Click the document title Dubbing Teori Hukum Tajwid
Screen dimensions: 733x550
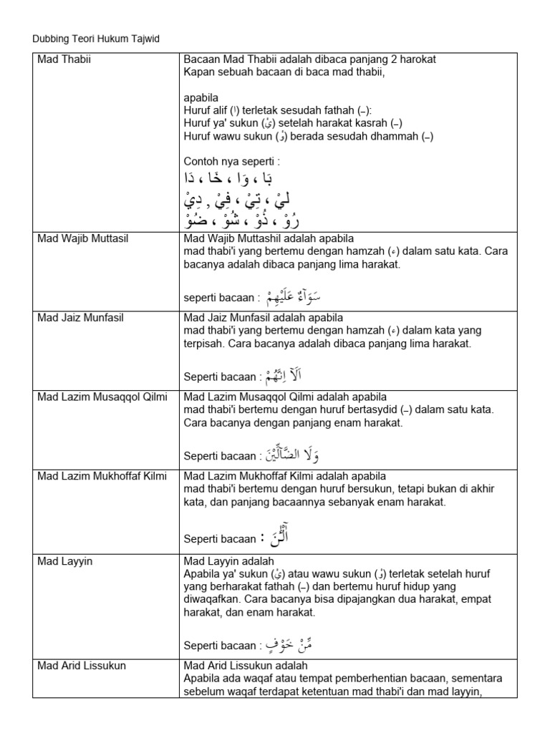coord(96,39)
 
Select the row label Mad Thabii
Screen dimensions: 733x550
coord(64,59)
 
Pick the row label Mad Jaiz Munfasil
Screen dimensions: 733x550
coord(81,317)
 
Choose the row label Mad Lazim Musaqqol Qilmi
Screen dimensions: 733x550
coord(102,397)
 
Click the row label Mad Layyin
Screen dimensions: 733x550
coord(61,561)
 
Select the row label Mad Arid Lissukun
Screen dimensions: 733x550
coord(82,666)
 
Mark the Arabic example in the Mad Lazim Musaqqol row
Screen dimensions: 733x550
coord(291,454)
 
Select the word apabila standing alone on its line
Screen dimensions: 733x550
coord(201,98)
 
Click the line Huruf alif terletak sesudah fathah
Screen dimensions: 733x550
coord(278,111)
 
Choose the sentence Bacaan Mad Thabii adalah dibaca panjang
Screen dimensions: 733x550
coord(310,59)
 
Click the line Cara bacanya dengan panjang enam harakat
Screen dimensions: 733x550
coord(294,423)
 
